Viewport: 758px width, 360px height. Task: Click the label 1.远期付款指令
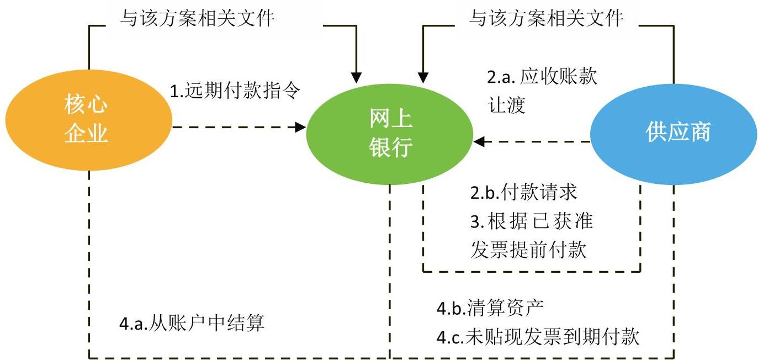(x=235, y=90)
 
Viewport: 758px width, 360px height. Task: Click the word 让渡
(x=506, y=105)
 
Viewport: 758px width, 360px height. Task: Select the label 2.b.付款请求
(x=523, y=192)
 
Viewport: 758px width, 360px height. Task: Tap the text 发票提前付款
(x=528, y=250)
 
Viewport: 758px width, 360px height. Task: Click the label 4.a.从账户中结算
(x=192, y=323)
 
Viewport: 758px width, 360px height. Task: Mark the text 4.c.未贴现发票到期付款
(x=538, y=336)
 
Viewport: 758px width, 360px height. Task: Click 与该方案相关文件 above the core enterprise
(x=197, y=19)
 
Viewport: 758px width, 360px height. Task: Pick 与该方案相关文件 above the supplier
(x=546, y=19)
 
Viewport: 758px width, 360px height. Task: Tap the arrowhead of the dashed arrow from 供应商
(x=479, y=142)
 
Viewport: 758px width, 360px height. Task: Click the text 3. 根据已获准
(x=532, y=221)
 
